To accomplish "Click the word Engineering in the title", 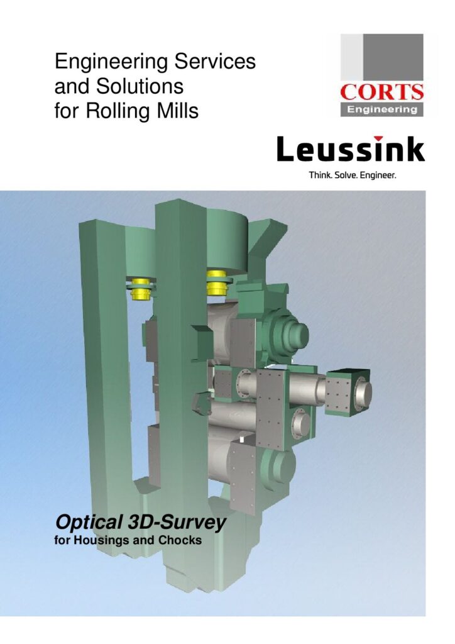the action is [x=112, y=62].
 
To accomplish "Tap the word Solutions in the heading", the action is [x=140, y=86].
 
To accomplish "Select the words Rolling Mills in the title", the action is [x=143, y=111].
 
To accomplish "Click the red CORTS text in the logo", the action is [x=381, y=92].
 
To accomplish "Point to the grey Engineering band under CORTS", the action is [x=381, y=109].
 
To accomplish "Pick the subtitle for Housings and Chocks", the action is [x=128, y=540].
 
